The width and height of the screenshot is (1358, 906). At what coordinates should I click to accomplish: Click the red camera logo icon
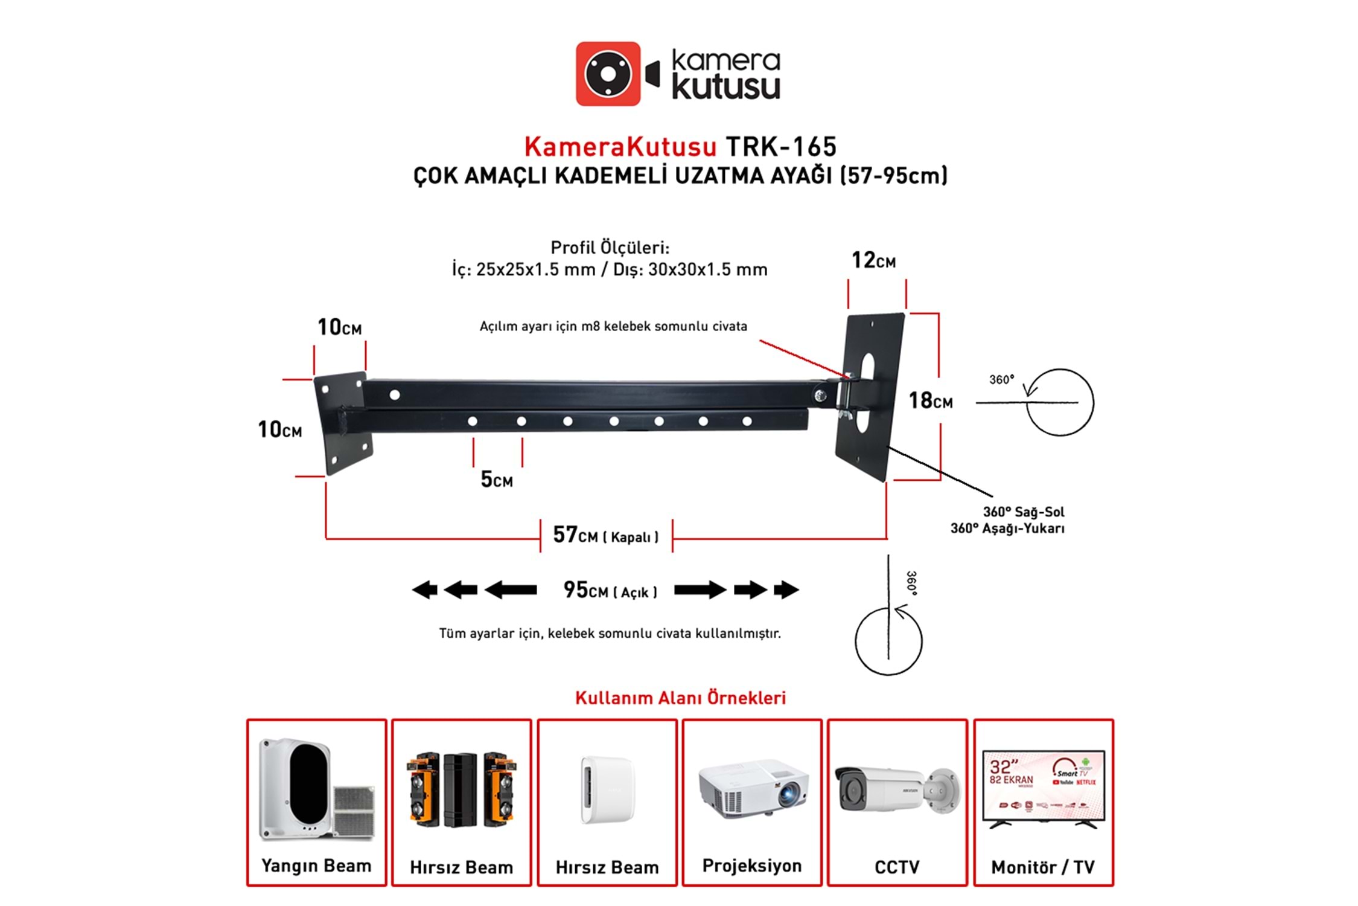pyautogui.click(x=608, y=74)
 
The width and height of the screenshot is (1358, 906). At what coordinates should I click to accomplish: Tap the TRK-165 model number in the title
pyautogui.click(x=780, y=147)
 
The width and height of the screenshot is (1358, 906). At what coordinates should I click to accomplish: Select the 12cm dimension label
pyautogui.click(x=873, y=260)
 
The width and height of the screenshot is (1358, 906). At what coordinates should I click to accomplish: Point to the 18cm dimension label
pyautogui.click(x=930, y=400)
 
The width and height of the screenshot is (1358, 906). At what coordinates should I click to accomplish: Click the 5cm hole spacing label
pyautogui.click(x=496, y=480)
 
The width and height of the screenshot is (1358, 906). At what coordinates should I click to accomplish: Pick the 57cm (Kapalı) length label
pyautogui.click(x=605, y=535)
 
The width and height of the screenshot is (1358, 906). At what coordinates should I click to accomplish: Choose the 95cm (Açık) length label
pyautogui.click(x=610, y=590)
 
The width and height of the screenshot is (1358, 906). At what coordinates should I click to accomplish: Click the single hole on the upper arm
pyautogui.click(x=395, y=395)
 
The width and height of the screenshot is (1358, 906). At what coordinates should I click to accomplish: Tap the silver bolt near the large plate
pyautogui.click(x=820, y=396)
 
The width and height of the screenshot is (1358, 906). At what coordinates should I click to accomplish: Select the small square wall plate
pyautogui.click(x=342, y=423)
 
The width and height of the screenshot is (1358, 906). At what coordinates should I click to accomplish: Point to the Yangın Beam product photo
pyautogui.click(x=316, y=789)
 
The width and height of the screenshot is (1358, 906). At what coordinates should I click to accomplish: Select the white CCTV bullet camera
pyautogui.click(x=896, y=789)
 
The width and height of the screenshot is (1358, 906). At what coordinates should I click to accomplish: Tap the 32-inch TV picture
pyautogui.click(x=1043, y=789)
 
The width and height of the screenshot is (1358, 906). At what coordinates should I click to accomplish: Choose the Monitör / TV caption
pyautogui.click(x=1042, y=867)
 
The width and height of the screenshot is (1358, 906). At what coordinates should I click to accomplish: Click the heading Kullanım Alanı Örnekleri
pyautogui.click(x=680, y=698)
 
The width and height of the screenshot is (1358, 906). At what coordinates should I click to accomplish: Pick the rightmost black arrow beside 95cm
pyautogui.click(x=786, y=590)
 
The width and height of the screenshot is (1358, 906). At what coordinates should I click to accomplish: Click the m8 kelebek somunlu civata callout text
pyautogui.click(x=613, y=326)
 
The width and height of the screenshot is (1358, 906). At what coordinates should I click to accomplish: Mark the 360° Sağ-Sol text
pyautogui.click(x=1023, y=512)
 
